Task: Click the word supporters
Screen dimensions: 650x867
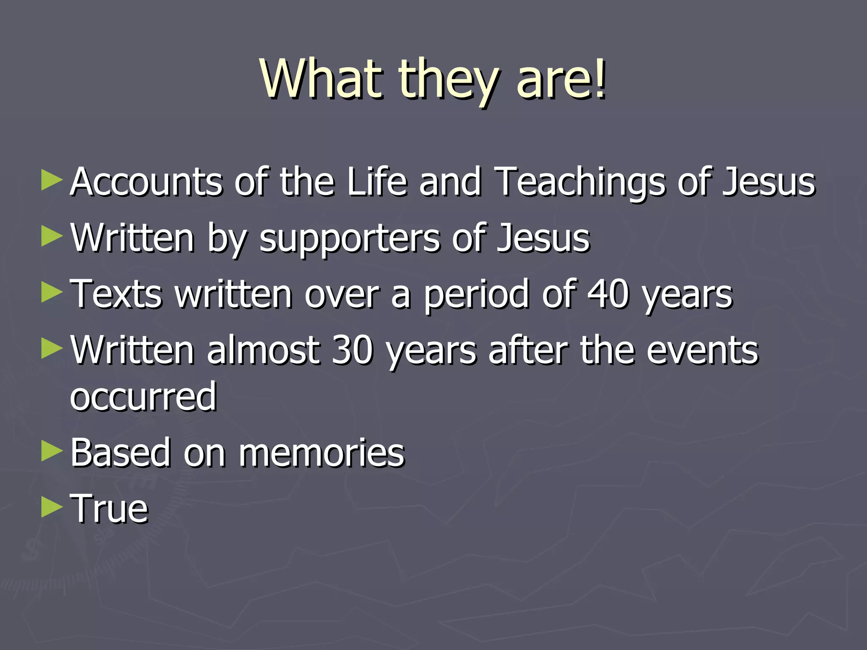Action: click(x=349, y=239)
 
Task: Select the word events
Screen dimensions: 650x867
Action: click(x=702, y=351)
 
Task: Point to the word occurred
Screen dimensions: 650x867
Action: click(x=143, y=397)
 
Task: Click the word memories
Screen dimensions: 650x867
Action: click(x=322, y=453)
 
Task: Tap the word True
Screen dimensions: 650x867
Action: click(x=109, y=509)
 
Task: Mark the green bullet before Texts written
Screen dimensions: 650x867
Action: click(x=52, y=293)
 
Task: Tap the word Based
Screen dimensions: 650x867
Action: click(x=120, y=453)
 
